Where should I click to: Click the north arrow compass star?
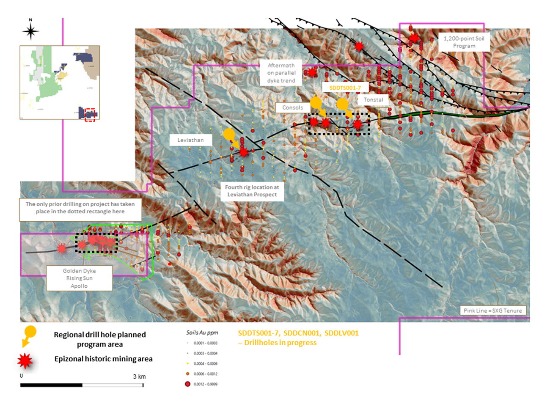(30, 31)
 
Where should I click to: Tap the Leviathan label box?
(190, 140)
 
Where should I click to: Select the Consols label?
(293, 107)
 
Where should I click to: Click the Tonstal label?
(373, 100)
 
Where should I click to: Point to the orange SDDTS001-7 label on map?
(345, 88)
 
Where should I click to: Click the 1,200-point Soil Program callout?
(464, 42)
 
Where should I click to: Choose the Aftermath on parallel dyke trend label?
(281, 73)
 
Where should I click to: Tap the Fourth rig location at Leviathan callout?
(252, 191)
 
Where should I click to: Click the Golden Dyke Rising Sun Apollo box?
(79, 278)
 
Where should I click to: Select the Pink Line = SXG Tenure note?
(492, 311)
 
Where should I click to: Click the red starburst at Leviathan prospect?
(244, 152)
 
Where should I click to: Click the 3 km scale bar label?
(139, 377)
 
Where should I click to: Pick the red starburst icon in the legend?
(25, 360)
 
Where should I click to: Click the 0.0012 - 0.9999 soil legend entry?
(205, 384)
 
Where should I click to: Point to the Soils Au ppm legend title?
(202, 333)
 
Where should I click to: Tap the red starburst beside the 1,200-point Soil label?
(414, 38)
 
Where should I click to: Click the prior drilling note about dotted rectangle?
(80, 208)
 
